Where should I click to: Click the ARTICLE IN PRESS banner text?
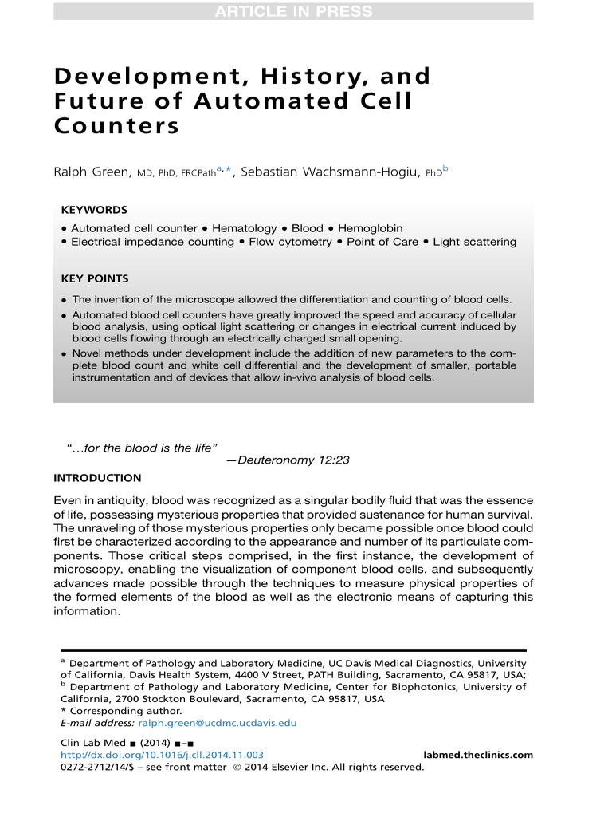tap(292, 11)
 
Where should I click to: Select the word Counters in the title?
tap(116, 126)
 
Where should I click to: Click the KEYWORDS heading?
tap(93, 210)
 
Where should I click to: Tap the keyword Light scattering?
tap(474, 242)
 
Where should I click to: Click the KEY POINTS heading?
tap(95, 278)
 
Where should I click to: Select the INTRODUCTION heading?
tap(96, 478)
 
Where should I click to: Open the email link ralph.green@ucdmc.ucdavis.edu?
tap(217, 723)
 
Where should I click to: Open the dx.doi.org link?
tap(163, 755)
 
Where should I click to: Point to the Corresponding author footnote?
tap(125, 710)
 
